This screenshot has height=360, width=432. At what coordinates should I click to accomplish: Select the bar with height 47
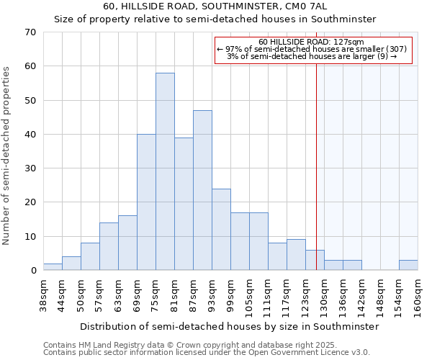pyautogui.click(x=202, y=190)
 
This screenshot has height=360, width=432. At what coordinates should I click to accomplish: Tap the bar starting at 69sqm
pyautogui.click(x=146, y=202)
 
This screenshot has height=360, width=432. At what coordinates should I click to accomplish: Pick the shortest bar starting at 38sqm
pyautogui.click(x=53, y=267)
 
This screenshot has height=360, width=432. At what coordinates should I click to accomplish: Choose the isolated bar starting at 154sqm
pyautogui.click(x=408, y=265)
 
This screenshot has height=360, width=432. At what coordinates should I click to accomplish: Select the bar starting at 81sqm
pyautogui.click(x=184, y=204)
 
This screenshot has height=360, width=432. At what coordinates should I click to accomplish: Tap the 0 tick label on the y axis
pyautogui.click(x=33, y=271)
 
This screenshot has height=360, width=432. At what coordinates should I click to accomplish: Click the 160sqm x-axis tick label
pyautogui.click(x=418, y=295)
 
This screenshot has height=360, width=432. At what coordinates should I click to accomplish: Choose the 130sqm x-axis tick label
pyautogui.click(x=324, y=295)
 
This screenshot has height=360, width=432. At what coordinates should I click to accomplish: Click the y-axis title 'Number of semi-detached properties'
pyautogui.click(x=7, y=156)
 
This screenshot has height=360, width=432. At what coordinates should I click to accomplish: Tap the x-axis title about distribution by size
pyautogui.click(x=229, y=326)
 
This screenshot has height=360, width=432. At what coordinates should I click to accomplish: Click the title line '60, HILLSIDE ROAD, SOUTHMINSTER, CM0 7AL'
pyautogui.click(x=215, y=6)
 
